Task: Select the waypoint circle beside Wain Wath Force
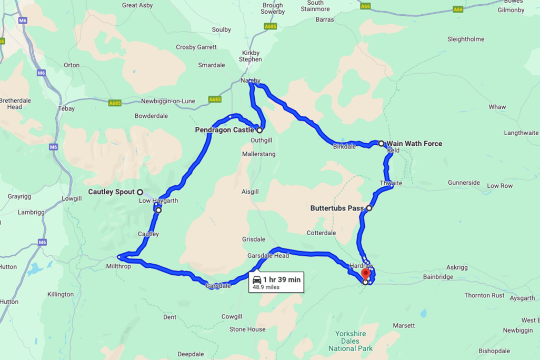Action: [381, 143]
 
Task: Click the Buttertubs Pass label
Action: [337, 208]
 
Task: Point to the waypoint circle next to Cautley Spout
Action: [140, 192]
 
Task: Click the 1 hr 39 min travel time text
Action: [282, 279]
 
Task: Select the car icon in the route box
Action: [257, 279]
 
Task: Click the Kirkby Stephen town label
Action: [251, 56]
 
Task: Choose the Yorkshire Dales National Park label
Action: [351, 341]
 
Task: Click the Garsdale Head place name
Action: [268, 256]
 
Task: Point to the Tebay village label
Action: [67, 108]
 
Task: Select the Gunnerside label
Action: [464, 183]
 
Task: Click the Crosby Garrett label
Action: [196, 47]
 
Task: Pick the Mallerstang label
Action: [258, 154]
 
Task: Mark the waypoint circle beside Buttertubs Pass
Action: [369, 208]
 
